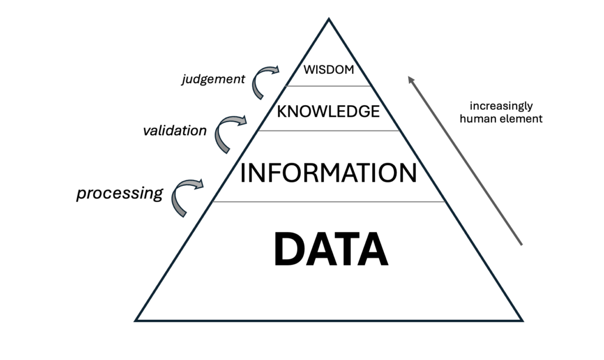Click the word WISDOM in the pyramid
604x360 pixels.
(x=329, y=70)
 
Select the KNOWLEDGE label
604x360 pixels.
(x=328, y=112)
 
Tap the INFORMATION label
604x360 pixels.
(x=328, y=173)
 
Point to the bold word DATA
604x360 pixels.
(x=331, y=249)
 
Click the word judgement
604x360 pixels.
(x=213, y=80)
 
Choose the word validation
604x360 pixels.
(x=175, y=131)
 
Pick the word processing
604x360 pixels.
(x=119, y=193)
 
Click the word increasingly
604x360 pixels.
(x=501, y=106)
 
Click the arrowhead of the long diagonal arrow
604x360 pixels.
(x=411, y=80)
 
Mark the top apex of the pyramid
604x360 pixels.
(x=329, y=18)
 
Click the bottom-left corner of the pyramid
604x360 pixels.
(x=135, y=320)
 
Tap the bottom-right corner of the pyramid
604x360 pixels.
(x=523, y=320)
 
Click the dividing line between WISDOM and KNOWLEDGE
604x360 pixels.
(x=328, y=86)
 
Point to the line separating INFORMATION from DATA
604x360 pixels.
(x=329, y=202)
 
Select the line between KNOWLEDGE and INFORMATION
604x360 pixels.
(x=329, y=130)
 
